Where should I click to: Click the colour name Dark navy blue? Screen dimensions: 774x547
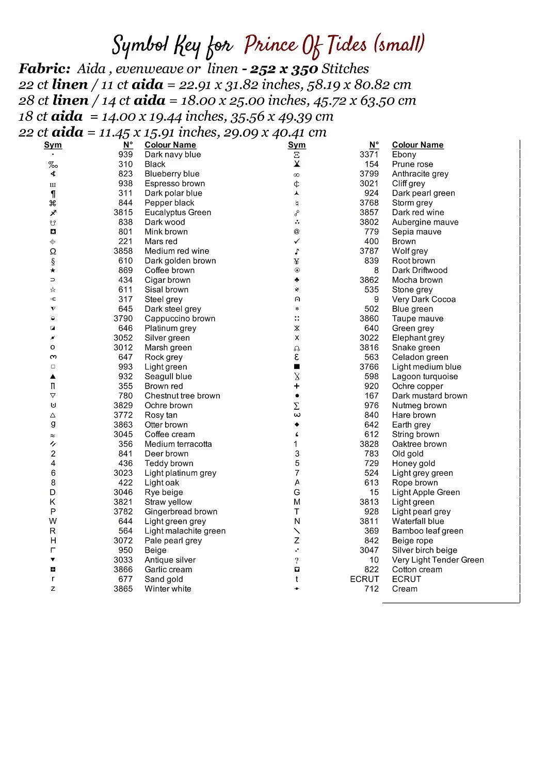pos(172,154)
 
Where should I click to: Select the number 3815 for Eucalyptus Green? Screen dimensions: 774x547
pos(123,212)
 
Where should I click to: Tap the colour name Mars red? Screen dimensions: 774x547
pos(160,241)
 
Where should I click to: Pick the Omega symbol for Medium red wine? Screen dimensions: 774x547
pos(53,251)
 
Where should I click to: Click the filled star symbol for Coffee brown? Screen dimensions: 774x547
pos(53,270)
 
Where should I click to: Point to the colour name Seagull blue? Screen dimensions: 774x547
pos(168,376)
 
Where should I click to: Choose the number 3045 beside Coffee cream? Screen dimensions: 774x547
pos(123,434)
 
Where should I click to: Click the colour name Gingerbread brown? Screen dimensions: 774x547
pos(181,511)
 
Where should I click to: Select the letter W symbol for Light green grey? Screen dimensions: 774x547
pos(53,521)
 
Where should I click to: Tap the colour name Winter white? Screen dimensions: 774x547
pos(168,589)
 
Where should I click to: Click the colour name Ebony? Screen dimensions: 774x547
pos(404,154)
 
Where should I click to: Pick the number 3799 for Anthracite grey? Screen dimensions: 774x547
pos(369,174)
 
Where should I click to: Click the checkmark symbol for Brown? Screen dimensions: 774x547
pos(297,241)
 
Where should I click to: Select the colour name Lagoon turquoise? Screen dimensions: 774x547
pos(425,376)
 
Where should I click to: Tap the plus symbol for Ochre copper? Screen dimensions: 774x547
pos(297,386)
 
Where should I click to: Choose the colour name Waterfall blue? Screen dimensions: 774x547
pos(417,521)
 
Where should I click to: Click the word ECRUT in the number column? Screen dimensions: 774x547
pos(364,579)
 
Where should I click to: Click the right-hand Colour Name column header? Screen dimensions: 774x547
pos(417,145)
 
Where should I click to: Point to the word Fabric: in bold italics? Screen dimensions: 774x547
pos(44,69)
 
